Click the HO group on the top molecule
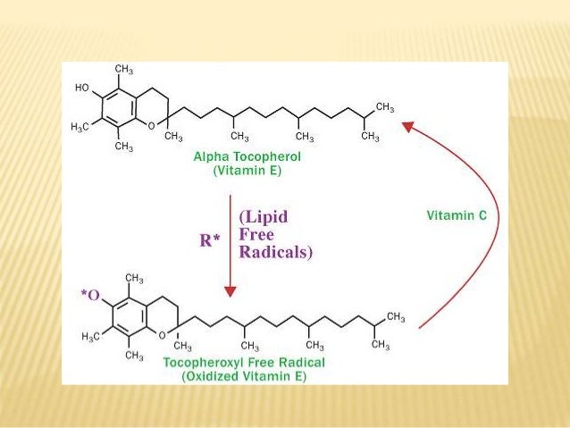coord(81,89)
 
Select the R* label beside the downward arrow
coord(211,240)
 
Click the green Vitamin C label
coord(456,215)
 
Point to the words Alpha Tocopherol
coord(247,155)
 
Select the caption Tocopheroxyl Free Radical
coord(243,363)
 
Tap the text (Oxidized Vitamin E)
coord(243,376)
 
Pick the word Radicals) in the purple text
coord(276,252)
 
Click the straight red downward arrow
coord(231,241)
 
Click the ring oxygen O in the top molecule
coord(152,126)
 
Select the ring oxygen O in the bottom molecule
coord(161,335)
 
